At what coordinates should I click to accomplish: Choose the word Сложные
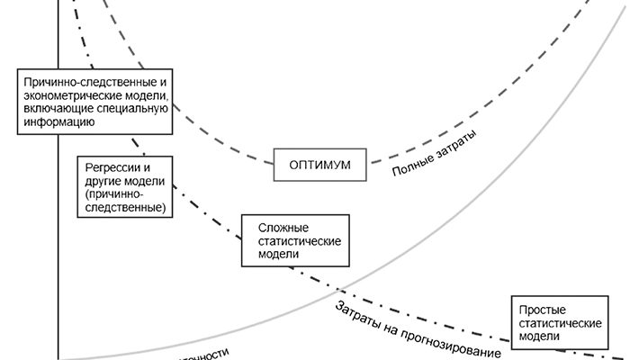click(x=281, y=228)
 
